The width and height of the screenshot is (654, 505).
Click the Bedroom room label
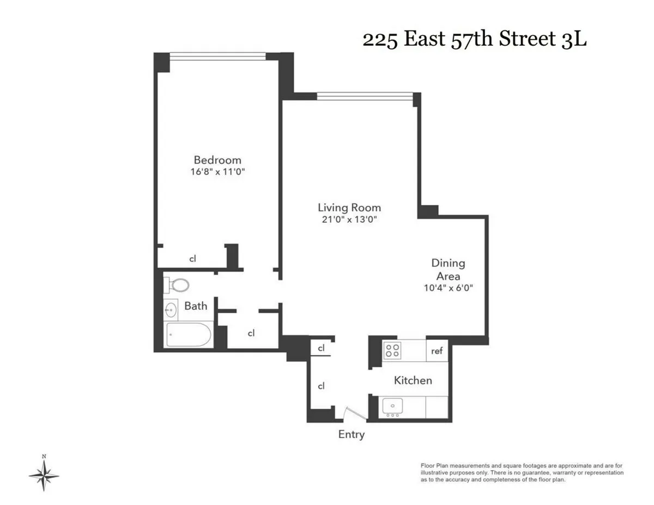pos(217,160)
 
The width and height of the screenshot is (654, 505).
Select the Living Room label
pos(349,208)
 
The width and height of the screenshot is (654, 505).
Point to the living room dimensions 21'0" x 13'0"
pos(349,220)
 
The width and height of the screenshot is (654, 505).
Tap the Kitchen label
pos(413,380)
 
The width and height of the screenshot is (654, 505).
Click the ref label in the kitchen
pos(437,351)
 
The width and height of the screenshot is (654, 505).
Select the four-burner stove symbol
pos(391,350)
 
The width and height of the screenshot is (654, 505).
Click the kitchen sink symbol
pos(391,406)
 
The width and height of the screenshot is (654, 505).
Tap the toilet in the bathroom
pos(177,284)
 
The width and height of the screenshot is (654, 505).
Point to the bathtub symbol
pos(189,335)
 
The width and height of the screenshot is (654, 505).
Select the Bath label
pos(195,306)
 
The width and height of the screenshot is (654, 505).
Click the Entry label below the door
pos(351,434)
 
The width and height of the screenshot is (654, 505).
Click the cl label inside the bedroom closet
pos(192,259)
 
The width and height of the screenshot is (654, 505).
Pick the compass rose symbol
pos(44,476)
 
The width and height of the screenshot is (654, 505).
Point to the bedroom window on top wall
pos(217,56)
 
